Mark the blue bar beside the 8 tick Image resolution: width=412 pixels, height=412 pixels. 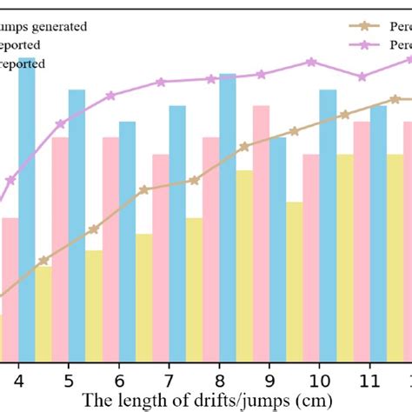coord(228,217)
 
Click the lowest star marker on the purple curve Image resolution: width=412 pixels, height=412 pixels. coord(10,181)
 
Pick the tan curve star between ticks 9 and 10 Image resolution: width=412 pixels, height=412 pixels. coord(294,131)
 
